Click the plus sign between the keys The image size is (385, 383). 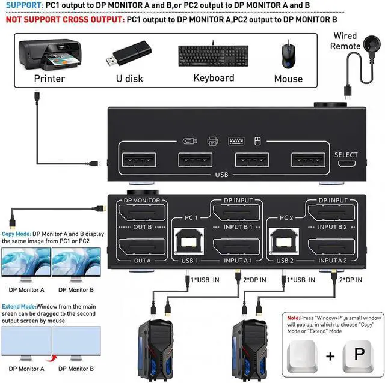coord(330,356)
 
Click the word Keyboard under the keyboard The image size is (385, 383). coord(214,78)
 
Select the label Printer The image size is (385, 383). coord(49,79)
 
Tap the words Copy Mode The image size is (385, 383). coord(16,234)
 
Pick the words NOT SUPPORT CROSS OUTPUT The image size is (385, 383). coord(63,19)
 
